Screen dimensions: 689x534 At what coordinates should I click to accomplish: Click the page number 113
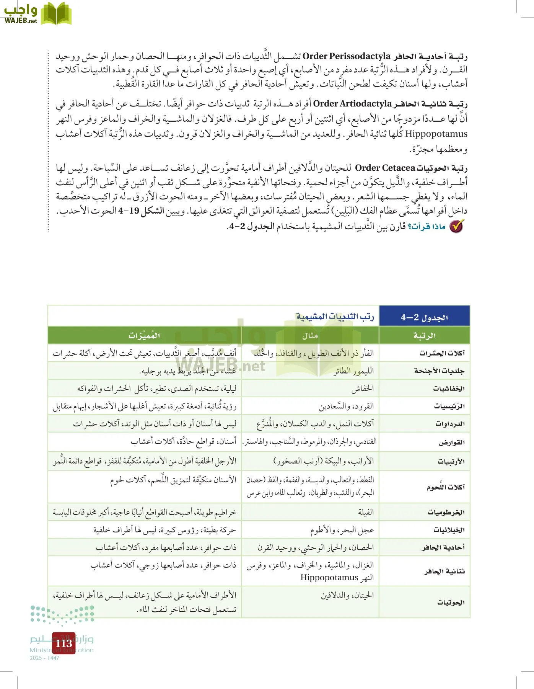coord(63,643)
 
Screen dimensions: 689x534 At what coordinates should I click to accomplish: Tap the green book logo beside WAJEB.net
coord(56,13)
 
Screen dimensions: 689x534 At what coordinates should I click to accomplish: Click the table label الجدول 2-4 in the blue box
coord(424,317)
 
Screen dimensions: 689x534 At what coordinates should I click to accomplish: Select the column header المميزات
coord(144,336)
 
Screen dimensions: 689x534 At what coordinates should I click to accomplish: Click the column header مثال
coord(310,336)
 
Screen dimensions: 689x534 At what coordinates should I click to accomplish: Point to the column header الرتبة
coord(424,336)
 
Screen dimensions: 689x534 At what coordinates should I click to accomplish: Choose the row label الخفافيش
coord(449,389)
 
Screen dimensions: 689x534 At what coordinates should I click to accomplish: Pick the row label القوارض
coord(451,442)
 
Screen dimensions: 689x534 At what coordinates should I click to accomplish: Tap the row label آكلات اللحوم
coord(446,487)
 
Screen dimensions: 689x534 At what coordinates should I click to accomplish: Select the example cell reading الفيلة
coord(366,512)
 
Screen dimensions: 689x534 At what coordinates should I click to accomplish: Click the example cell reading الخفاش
coord(362,389)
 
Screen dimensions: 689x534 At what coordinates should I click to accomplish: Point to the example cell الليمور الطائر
coord(353,371)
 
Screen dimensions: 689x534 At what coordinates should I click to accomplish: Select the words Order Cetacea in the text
coord(385,168)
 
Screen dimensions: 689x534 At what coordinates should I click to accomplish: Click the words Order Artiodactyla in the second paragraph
coord(352,104)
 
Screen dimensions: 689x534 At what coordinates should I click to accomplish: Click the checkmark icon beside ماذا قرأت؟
coord(456,226)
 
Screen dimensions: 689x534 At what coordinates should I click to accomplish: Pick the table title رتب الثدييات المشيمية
coord(335,317)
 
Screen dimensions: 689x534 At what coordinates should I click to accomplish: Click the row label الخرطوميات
coord(446,512)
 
